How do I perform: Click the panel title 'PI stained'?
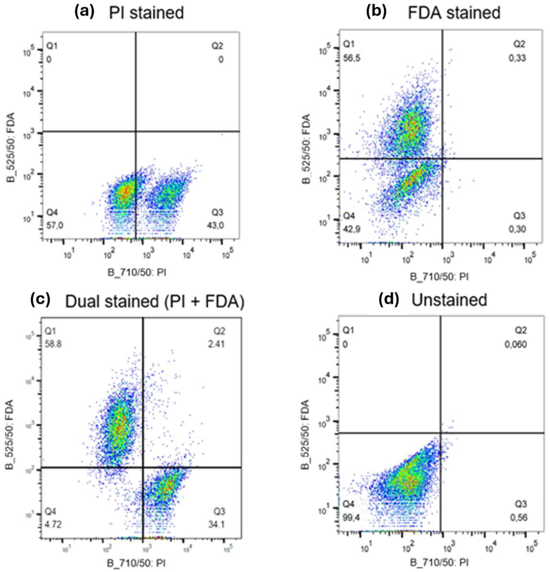146,13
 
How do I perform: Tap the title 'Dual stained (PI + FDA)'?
154,301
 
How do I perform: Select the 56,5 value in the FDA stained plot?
352,58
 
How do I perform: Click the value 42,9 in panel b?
352,229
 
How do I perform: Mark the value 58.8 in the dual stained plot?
53,344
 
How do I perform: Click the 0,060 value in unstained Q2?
516,344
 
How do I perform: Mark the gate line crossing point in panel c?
143,468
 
